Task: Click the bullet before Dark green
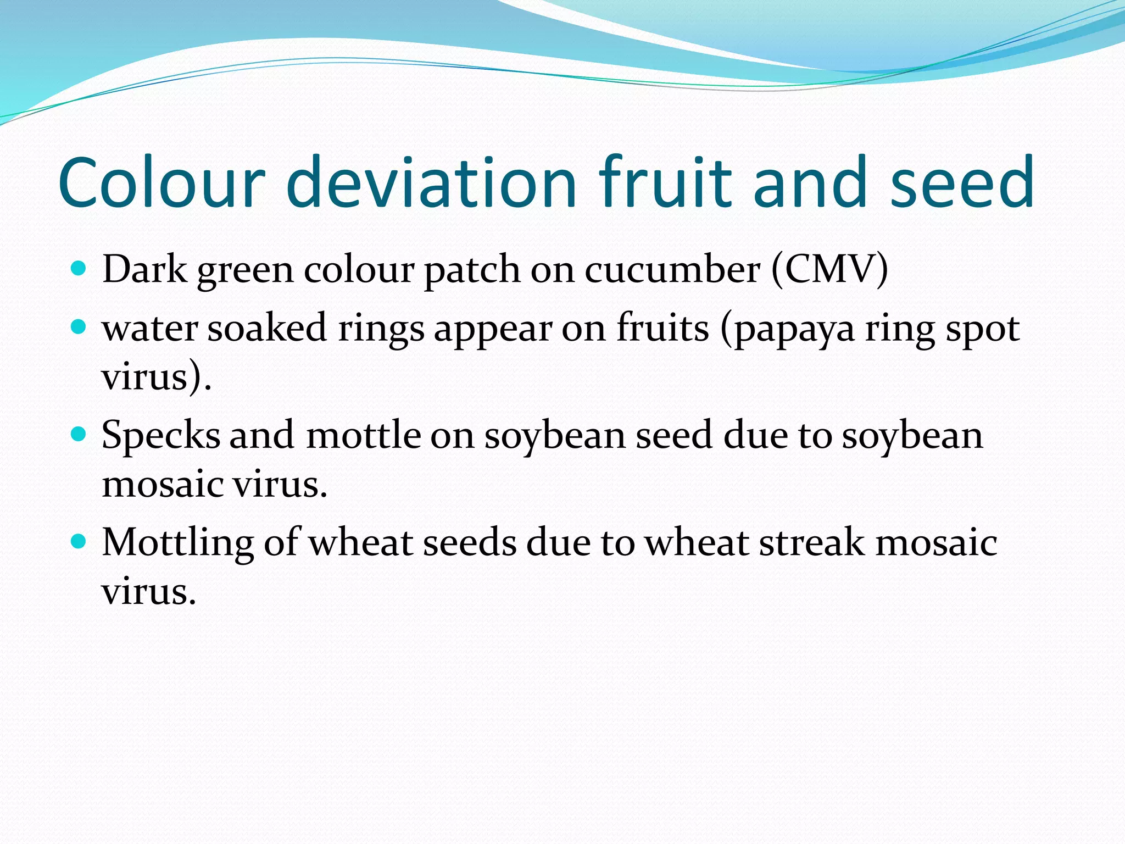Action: [79, 269]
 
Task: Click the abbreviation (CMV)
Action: [829, 269]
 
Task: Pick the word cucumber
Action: [672, 269]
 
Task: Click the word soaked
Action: [267, 328]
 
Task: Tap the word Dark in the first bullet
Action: [144, 269]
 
